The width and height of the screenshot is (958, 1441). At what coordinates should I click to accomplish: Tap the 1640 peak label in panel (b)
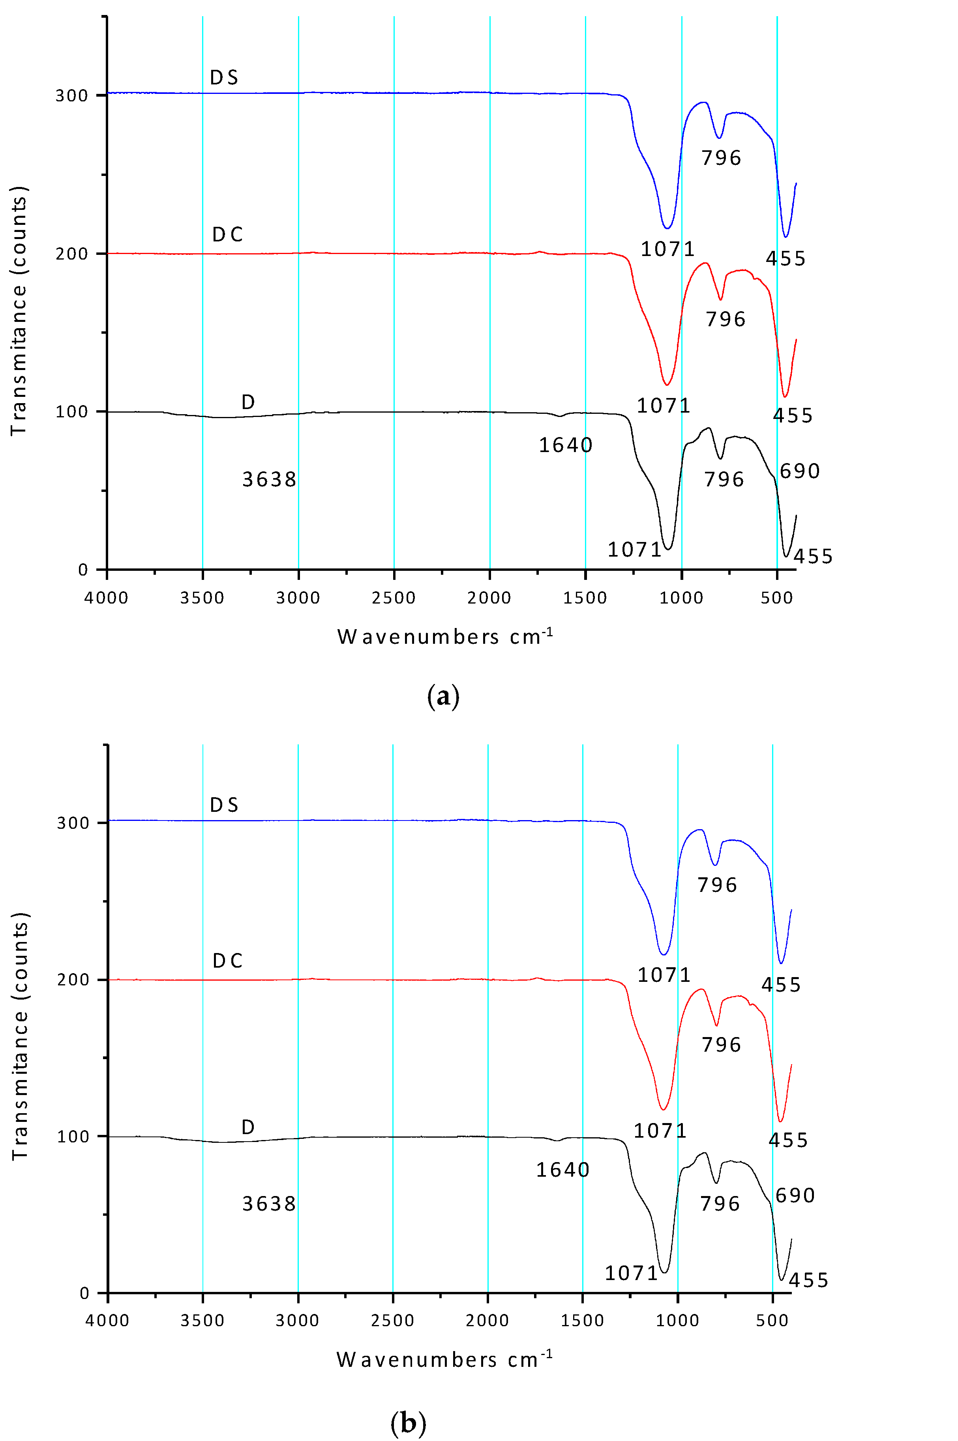click(x=563, y=1170)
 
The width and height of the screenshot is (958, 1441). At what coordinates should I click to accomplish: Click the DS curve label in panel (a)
click(x=224, y=78)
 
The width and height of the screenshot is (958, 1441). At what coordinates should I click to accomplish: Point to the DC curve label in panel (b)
click(x=227, y=961)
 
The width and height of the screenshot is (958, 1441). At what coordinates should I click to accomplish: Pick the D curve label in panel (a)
click(x=248, y=402)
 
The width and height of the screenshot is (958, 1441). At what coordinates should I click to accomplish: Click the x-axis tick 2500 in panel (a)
click(x=394, y=598)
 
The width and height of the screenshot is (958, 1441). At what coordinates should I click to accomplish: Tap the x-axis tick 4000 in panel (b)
click(x=107, y=1321)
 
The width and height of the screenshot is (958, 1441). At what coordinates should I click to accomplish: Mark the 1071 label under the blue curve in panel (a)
click(x=668, y=249)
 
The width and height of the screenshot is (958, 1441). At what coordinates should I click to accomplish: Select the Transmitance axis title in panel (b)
click(x=20, y=1036)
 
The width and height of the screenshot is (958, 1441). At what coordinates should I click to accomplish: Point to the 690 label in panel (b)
click(x=795, y=1196)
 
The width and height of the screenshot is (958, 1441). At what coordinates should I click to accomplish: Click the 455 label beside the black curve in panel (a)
click(x=813, y=557)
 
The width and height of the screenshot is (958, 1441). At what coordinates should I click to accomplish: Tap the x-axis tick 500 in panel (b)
click(x=772, y=1321)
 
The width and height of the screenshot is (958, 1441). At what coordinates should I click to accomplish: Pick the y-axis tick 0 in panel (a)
click(x=83, y=570)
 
